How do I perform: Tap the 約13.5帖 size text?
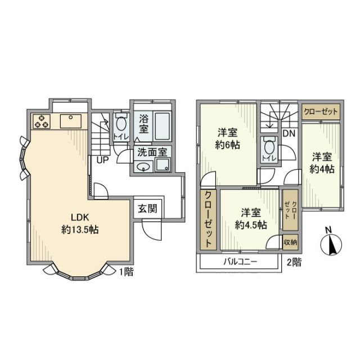click(x=80, y=229)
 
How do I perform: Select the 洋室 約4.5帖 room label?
click(x=251, y=218)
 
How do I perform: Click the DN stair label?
click(x=289, y=134)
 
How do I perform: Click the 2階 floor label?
click(x=294, y=262)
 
